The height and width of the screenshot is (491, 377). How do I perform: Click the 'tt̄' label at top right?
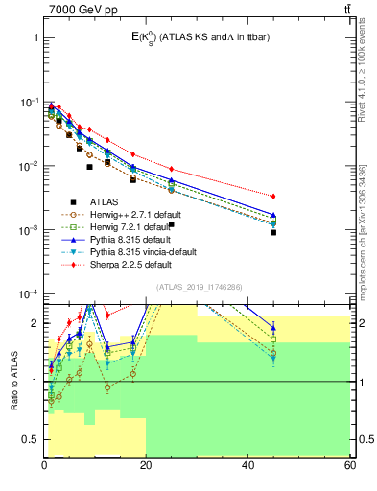tap(345, 9)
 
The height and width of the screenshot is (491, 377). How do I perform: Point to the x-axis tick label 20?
tap(146, 465)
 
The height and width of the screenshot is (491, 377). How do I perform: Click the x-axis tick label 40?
tap(248, 465)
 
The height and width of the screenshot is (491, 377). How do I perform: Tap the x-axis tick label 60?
tap(349, 465)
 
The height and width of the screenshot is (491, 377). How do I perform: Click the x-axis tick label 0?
tap(44, 465)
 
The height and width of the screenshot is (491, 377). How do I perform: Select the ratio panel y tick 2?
tap(35, 323)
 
